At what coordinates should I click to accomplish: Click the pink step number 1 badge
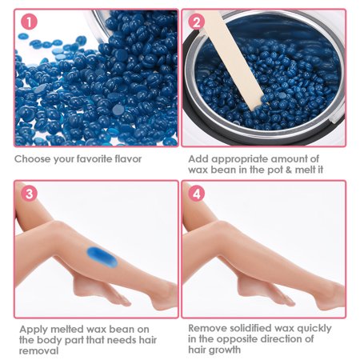point(29,22)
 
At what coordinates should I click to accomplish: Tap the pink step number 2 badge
point(197,22)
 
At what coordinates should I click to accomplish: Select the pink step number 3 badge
point(29,194)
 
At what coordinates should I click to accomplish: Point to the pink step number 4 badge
point(197,194)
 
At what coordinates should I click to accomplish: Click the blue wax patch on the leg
point(102,258)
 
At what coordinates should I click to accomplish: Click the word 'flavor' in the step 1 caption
point(128,159)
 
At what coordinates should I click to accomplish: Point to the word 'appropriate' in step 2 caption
point(238,159)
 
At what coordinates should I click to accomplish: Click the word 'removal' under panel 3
point(38,350)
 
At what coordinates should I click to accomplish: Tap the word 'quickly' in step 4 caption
point(314,329)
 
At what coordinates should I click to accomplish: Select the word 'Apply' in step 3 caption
point(34,330)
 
